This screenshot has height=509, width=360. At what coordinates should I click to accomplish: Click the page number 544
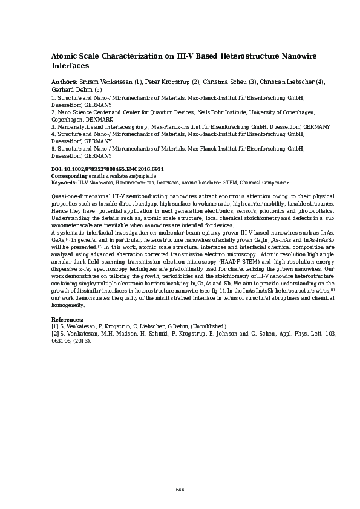(x=180, y=490)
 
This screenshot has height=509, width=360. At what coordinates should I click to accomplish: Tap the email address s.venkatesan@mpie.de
(x=131, y=175)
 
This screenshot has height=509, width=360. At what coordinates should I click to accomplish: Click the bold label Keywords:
(x=64, y=182)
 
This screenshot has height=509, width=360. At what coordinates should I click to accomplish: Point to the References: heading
(x=67, y=319)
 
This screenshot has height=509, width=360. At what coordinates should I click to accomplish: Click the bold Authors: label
(x=64, y=82)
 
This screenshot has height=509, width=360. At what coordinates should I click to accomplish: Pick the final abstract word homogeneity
(x=68, y=305)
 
